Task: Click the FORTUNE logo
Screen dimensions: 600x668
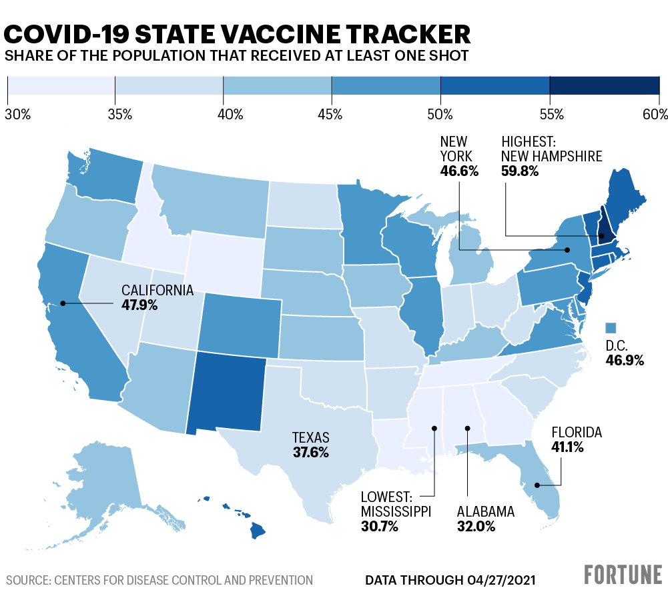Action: coord(623,575)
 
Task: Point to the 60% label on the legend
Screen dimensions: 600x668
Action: coord(655,115)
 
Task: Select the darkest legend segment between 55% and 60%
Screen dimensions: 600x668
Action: coord(604,86)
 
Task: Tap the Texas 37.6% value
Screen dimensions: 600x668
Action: coord(310,453)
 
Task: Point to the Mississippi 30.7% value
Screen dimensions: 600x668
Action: coord(379,527)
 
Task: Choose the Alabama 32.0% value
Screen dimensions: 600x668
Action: coord(476,527)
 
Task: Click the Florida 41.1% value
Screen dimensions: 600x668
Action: coord(567,447)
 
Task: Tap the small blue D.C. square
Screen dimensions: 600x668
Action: coord(611,327)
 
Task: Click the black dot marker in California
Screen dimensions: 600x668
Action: coord(63,303)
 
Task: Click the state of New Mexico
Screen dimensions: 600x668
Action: coord(227,393)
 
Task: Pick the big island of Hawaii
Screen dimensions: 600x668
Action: coord(258,531)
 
